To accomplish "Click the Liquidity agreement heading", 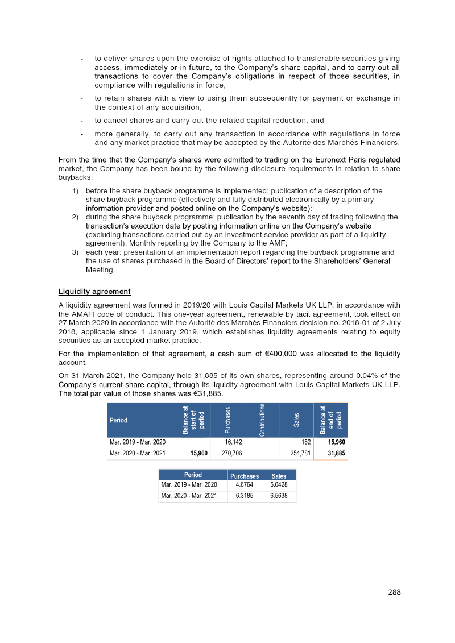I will click(x=94, y=292).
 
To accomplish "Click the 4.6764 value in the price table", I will click(x=245, y=484).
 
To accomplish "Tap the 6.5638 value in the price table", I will click(x=279, y=496).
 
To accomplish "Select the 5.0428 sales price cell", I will click(x=279, y=484).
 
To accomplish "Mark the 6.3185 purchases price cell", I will click(x=245, y=496).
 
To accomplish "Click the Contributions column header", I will click(x=262, y=420).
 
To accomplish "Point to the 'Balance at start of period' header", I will click(x=193, y=420).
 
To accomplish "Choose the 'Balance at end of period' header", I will click(x=330, y=420).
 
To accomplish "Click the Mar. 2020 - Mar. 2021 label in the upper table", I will click(x=135, y=454).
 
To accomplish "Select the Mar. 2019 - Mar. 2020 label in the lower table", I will click(x=189, y=484).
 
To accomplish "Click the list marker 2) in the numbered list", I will click(x=76, y=217).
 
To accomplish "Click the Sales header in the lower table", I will click(x=279, y=476).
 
